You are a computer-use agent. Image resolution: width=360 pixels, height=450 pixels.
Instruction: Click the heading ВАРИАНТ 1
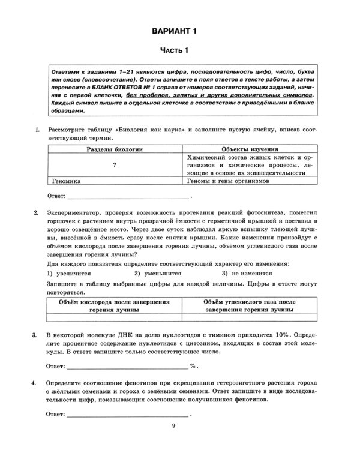tap(179, 30)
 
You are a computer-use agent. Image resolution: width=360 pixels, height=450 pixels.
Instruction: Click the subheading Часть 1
tap(179, 50)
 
